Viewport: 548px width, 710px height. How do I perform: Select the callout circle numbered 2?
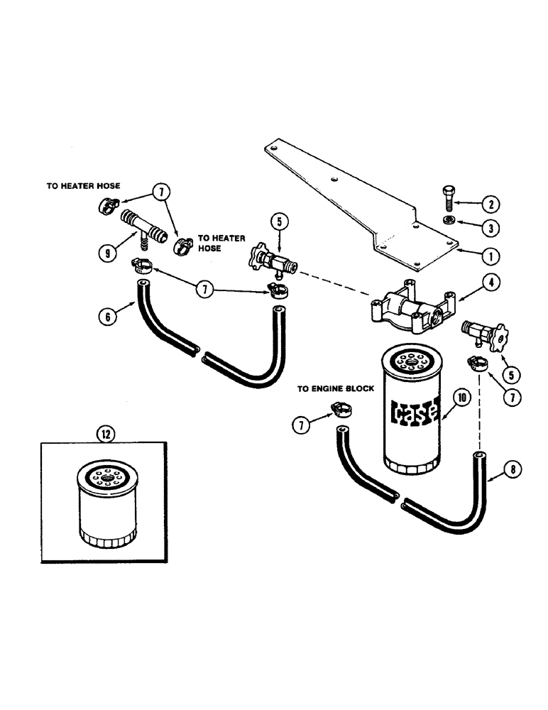tap(489, 204)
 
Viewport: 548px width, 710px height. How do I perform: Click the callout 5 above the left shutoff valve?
tap(278, 222)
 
